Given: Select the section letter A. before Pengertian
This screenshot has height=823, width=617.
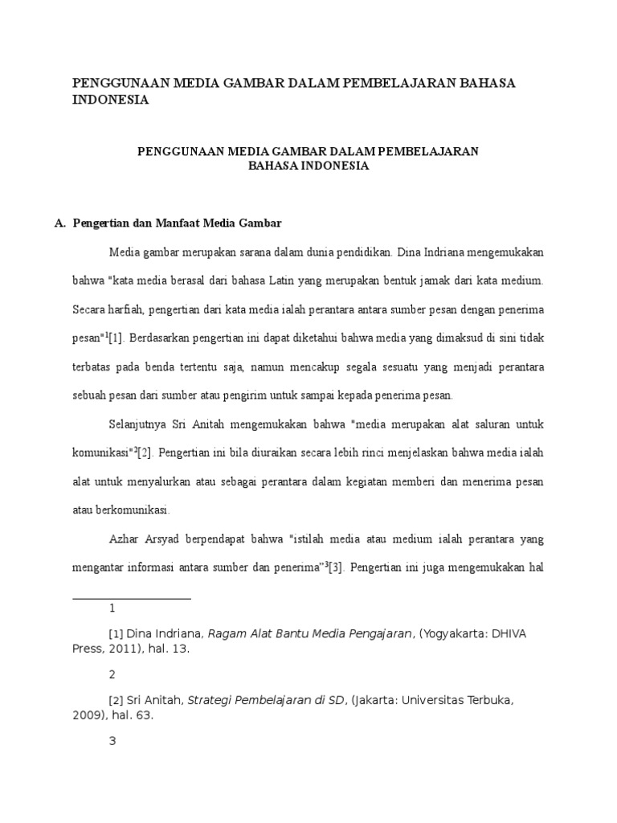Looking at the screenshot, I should click(x=60, y=223).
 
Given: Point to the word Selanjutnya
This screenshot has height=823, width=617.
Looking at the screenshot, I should click(x=138, y=423).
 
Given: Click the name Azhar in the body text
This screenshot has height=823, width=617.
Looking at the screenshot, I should click(x=125, y=538).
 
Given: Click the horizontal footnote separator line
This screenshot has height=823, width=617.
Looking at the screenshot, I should click(x=132, y=598).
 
